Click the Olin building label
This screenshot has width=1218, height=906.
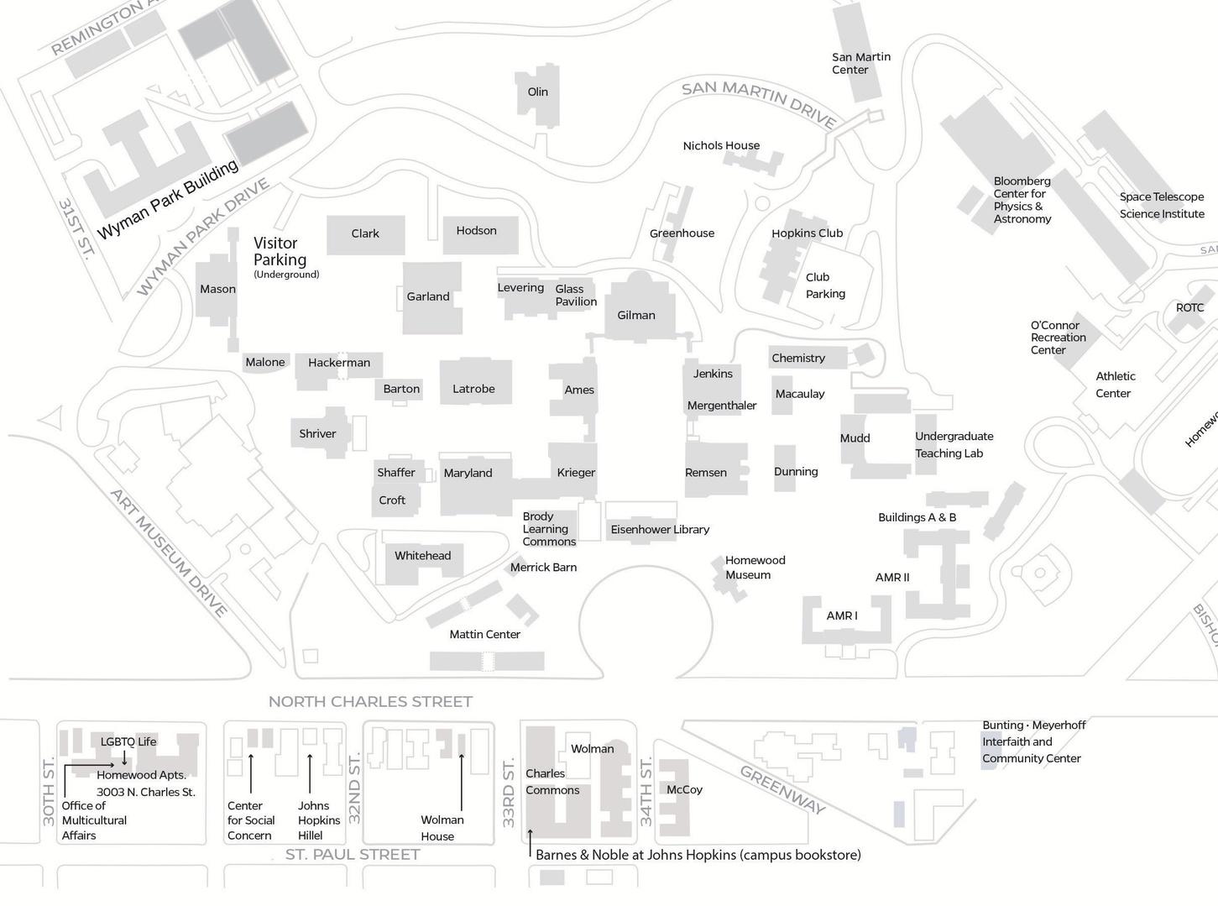coord(538,92)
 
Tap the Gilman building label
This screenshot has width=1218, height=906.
coord(636,316)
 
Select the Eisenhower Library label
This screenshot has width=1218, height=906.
coord(660,530)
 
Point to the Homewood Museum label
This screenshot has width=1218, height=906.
coord(755,568)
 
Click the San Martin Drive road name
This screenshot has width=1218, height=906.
coord(759,103)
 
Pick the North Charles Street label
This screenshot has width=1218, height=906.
coord(370,702)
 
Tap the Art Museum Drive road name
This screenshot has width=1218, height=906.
coord(169,553)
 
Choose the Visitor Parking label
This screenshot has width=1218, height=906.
coord(280,252)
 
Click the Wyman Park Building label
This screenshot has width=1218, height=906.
coord(168,200)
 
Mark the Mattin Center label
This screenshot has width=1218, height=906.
coord(484,635)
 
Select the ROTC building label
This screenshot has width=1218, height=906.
coord(1189,308)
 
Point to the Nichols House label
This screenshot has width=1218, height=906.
coord(721,146)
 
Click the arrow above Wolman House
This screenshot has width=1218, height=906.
coord(461,782)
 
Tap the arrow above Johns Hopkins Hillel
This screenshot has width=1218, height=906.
coord(310,773)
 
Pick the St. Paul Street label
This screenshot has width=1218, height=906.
coord(353,855)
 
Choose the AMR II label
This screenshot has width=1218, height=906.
coord(892,578)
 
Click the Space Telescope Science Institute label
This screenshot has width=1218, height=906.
coord(1162,206)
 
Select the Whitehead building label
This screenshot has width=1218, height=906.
coord(423,556)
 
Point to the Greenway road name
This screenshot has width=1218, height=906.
coord(782,790)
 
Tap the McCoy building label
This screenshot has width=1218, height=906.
coord(684,790)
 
